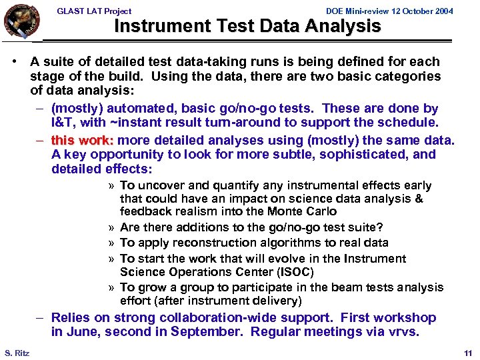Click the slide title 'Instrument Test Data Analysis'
(247, 27)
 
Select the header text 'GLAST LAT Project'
(94, 11)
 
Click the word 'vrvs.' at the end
(403, 332)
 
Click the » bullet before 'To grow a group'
(111, 287)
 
